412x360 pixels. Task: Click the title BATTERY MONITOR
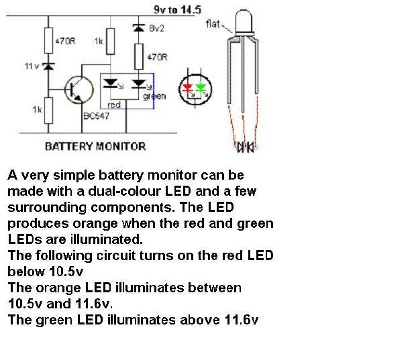(95, 145)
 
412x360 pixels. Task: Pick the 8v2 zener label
(156, 29)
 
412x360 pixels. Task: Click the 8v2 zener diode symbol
(139, 29)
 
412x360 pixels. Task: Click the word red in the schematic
(113, 105)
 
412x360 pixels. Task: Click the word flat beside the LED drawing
(213, 24)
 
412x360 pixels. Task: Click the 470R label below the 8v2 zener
(157, 58)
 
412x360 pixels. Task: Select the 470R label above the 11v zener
(65, 41)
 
